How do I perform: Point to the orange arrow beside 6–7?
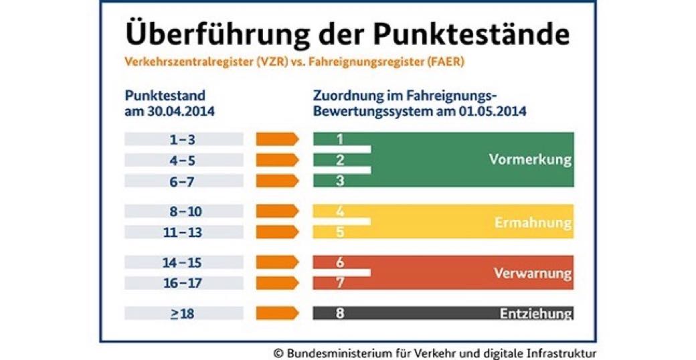click(x=277, y=181)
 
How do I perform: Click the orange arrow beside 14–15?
click(x=277, y=263)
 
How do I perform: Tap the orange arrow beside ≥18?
click(x=277, y=312)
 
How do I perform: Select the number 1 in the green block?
click(x=340, y=139)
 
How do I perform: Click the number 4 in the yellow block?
click(x=340, y=211)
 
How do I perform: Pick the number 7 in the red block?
click(x=340, y=283)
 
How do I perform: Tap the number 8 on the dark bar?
click(x=340, y=312)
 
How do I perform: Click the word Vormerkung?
click(x=530, y=160)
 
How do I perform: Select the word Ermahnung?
click(x=533, y=222)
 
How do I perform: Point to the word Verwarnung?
click(x=532, y=273)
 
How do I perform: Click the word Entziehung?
click(x=535, y=313)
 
